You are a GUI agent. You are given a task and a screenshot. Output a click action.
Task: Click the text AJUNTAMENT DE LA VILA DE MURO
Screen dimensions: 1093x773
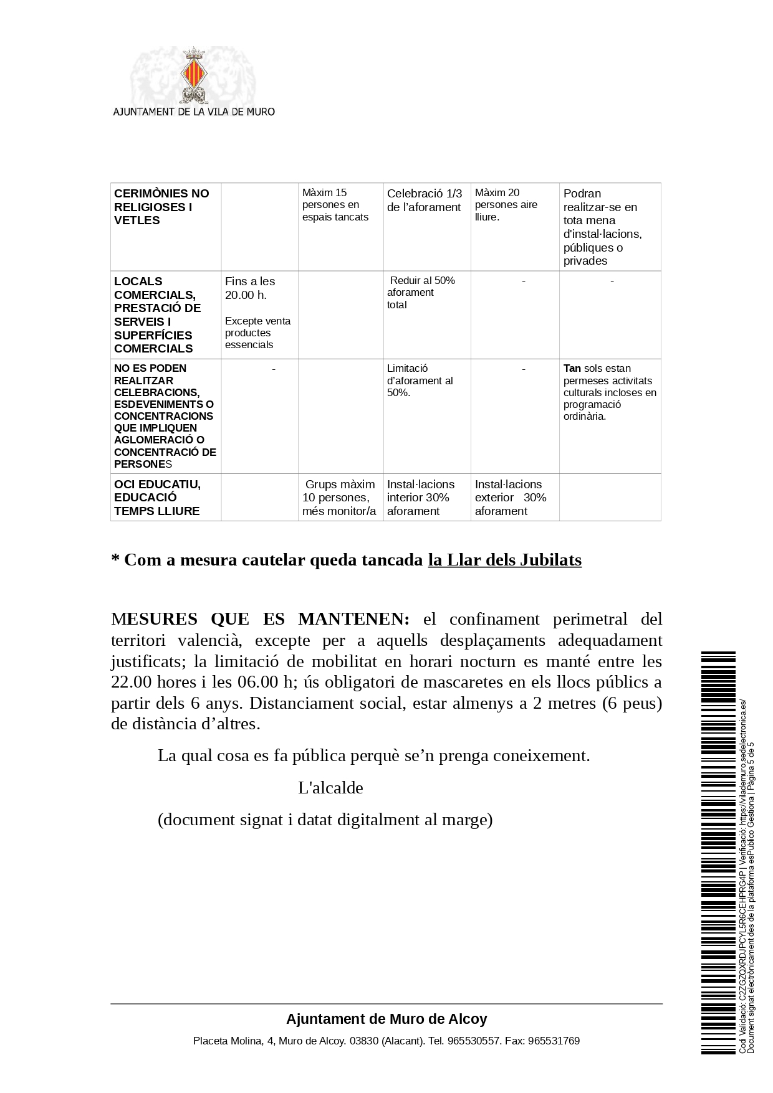tap(193, 112)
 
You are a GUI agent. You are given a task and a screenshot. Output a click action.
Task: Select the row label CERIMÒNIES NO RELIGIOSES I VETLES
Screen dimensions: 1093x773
tap(161, 207)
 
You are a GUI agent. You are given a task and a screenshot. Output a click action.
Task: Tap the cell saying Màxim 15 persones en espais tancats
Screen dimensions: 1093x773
tap(335, 205)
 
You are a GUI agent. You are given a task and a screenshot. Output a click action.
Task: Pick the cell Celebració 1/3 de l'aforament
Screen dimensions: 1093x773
tap(425, 201)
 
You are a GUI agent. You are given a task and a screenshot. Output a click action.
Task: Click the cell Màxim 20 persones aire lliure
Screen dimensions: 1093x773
tap(506, 205)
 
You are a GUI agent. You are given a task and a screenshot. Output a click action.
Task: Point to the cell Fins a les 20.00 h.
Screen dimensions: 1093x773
tap(250, 288)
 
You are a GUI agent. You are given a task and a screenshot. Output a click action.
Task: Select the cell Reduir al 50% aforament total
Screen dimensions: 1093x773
tap(421, 292)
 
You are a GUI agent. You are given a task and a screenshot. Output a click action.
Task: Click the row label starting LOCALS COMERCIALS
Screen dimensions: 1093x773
tap(157, 315)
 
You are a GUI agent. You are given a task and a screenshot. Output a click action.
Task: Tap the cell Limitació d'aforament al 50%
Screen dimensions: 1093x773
tap(420, 380)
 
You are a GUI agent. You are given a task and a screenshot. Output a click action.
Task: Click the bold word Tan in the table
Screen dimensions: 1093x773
tap(572, 368)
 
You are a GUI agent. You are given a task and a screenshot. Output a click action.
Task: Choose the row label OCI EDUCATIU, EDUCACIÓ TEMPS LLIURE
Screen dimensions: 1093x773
tap(157, 498)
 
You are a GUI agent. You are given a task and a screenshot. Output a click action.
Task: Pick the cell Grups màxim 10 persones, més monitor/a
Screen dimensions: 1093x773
tap(339, 498)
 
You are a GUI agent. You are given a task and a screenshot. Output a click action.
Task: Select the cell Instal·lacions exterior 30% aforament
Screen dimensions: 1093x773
tap(510, 498)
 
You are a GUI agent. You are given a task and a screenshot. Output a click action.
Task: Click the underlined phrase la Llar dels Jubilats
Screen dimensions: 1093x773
tap(504, 560)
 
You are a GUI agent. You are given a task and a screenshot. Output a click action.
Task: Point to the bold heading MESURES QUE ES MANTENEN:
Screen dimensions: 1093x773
tap(260, 619)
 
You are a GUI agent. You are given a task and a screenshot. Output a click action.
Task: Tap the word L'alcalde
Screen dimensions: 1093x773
tap(330, 788)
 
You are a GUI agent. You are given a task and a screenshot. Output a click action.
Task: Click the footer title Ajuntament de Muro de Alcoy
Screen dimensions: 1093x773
tap(386, 1019)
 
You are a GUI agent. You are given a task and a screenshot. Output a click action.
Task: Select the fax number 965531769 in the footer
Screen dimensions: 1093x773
tap(554, 1041)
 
